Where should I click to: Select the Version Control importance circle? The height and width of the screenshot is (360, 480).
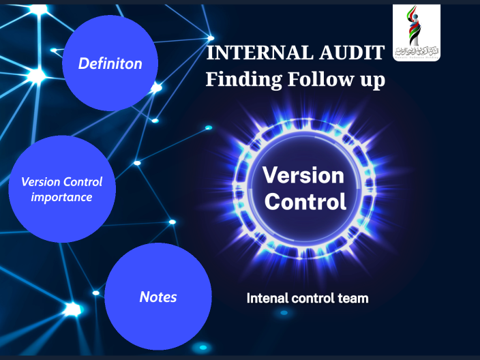click(61, 189)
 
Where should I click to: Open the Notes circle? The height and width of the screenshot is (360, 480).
click(157, 296)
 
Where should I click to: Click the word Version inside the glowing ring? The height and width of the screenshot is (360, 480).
click(303, 176)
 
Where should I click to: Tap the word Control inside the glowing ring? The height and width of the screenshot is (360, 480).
click(305, 202)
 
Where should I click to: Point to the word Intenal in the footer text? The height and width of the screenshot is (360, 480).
click(267, 298)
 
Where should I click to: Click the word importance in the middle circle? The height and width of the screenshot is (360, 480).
click(61, 198)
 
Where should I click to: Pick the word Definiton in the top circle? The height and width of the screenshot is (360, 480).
click(110, 64)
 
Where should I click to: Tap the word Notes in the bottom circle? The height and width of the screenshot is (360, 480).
click(157, 297)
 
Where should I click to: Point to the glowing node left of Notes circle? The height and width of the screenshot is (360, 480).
click(72, 310)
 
